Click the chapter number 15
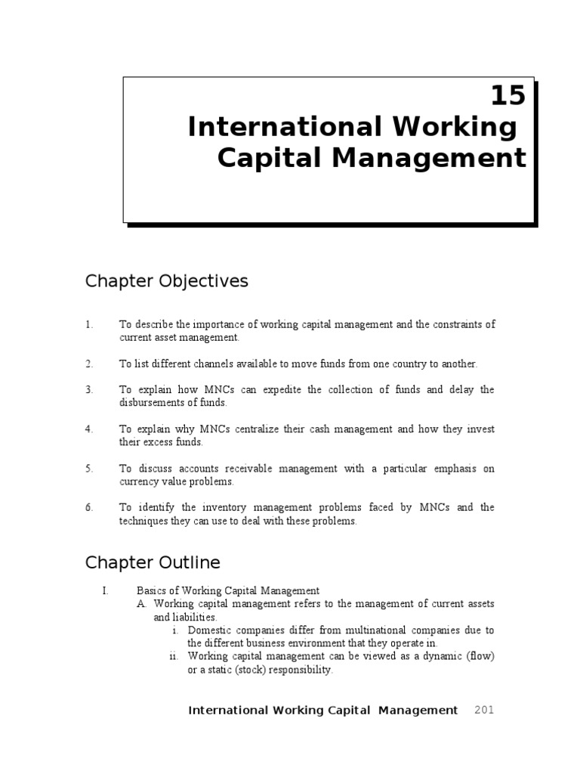tap(507, 96)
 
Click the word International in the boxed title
tap(271, 127)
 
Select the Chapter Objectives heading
tap(166, 281)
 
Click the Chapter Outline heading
tap(153, 562)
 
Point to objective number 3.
tap(89, 389)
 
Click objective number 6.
tap(89, 507)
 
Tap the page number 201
tap(484, 710)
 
